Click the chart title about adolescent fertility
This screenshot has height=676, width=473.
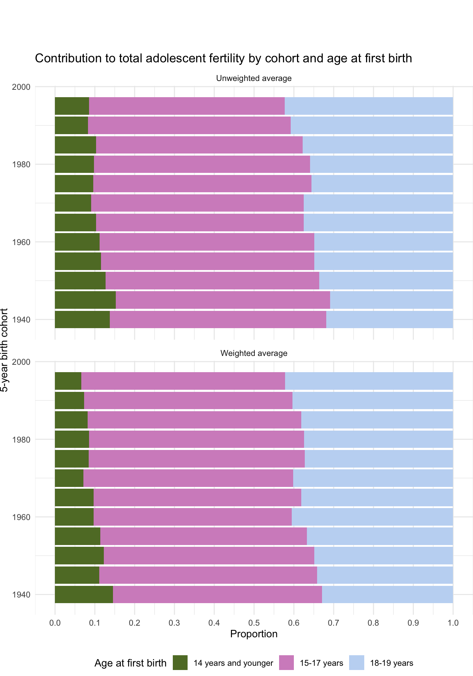point(223,58)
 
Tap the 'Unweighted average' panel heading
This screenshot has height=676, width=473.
point(254,78)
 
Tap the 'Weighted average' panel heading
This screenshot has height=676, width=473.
point(254,353)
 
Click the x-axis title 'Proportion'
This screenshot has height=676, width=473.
point(254,634)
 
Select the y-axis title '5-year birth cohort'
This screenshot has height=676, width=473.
point(4,350)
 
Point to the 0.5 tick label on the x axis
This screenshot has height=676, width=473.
point(254,623)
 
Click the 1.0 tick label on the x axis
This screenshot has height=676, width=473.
point(453,623)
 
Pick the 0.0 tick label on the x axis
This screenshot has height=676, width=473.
point(55,623)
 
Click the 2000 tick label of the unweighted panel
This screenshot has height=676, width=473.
point(21,87)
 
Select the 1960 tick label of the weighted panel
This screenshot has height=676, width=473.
point(21,517)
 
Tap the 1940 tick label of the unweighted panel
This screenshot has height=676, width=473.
point(21,320)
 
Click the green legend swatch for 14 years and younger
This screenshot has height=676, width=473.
point(180,663)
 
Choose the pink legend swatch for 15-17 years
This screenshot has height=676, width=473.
point(286,663)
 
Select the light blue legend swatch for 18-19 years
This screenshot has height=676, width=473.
point(357,663)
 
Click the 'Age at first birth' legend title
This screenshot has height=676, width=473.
point(130,663)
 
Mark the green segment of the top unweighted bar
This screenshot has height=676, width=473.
point(72,106)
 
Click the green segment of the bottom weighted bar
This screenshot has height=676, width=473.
point(84,594)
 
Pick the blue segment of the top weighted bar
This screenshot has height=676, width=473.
point(369,381)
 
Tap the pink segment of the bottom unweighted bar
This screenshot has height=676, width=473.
point(218,319)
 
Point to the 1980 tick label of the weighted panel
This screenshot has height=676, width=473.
point(21,439)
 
